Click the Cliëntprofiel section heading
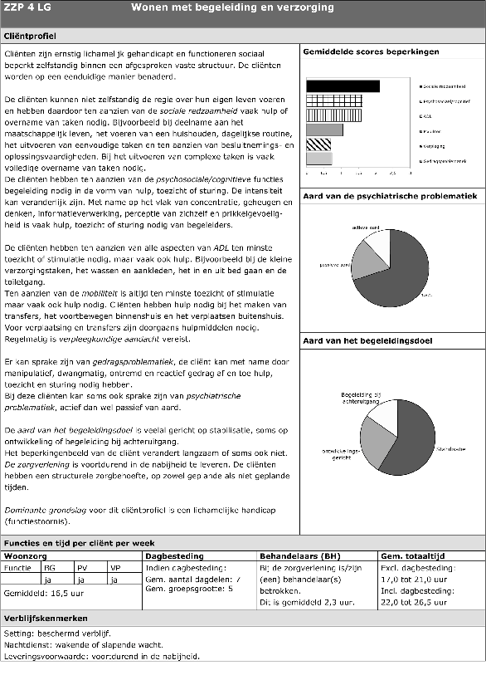pos(30,37)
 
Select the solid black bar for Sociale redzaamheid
pos(343,86)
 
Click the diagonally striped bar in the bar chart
pos(319,144)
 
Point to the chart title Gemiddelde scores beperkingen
pos(371,52)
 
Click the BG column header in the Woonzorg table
pos(50,569)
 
